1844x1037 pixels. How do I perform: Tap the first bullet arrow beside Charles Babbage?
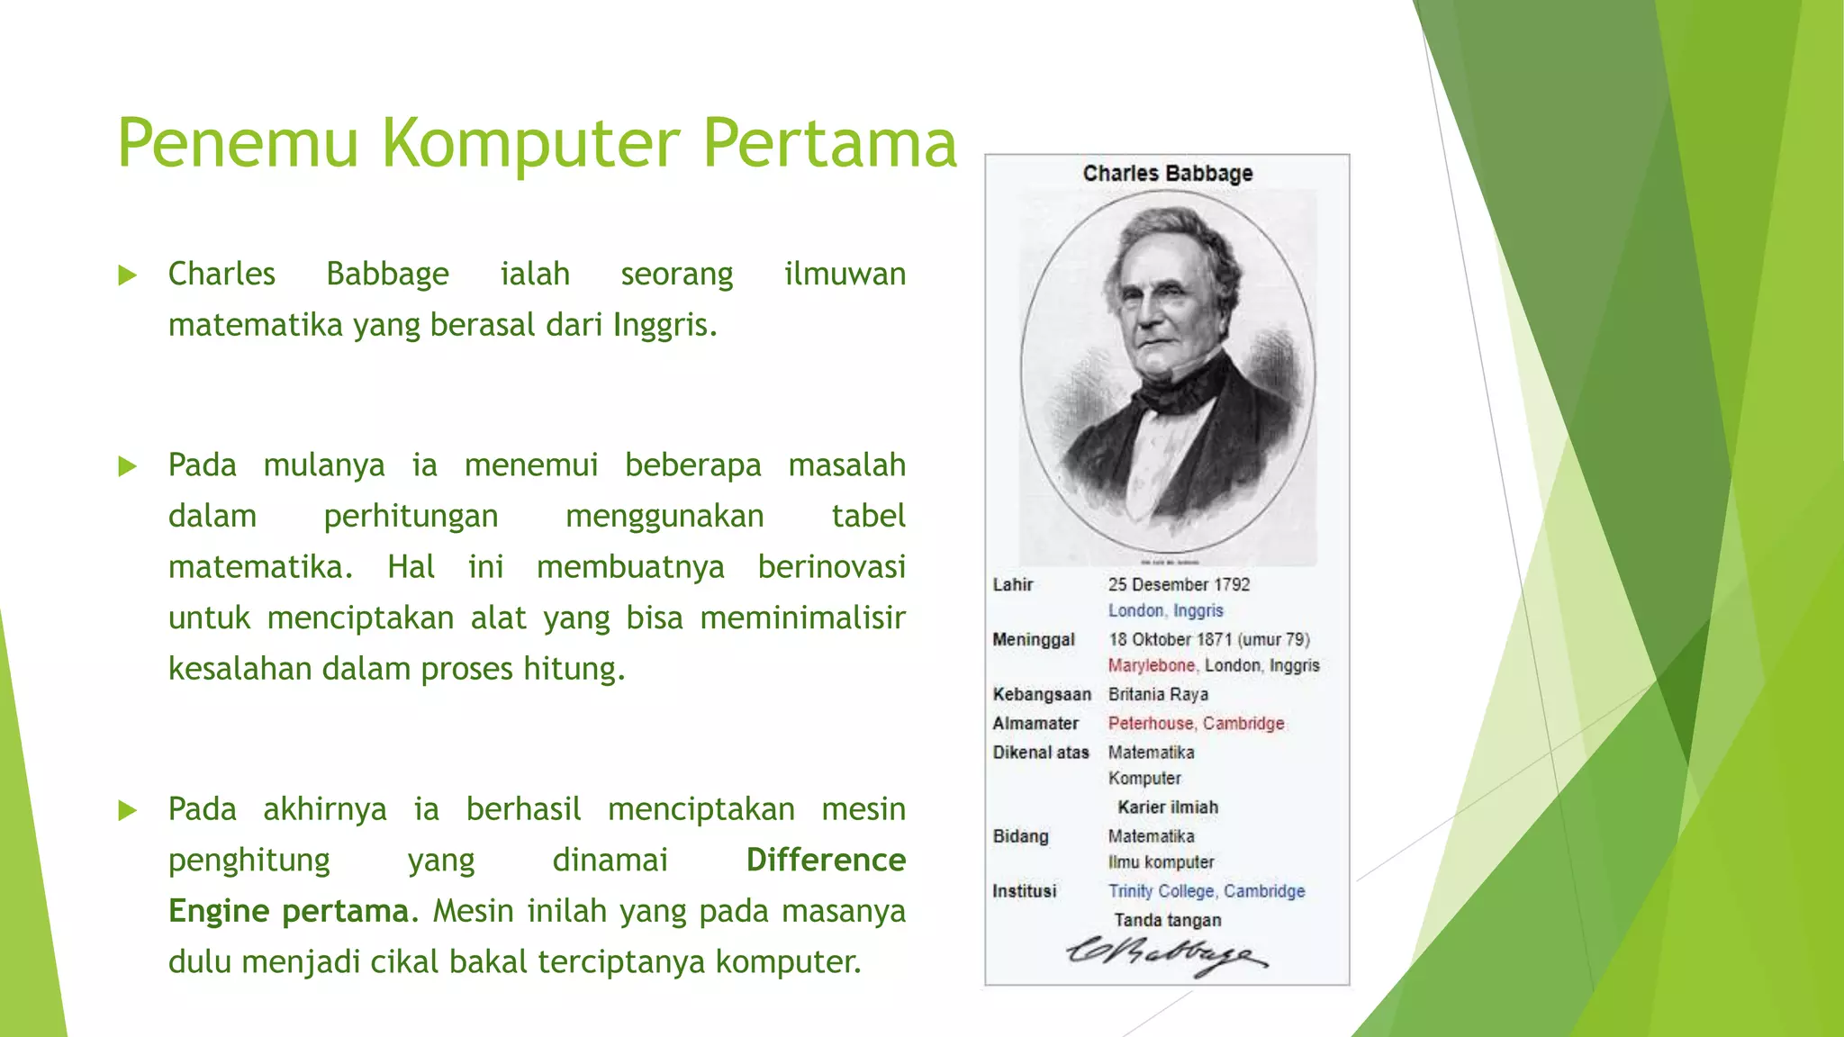[128, 275]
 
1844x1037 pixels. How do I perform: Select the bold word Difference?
[826, 860]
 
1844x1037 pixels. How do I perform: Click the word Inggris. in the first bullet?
[665, 325]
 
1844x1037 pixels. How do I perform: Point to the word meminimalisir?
[802, 618]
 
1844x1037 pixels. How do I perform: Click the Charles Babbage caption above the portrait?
[1167, 173]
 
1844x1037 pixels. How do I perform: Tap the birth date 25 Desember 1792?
[1179, 584]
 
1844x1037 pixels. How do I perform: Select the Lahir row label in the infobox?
[1013, 584]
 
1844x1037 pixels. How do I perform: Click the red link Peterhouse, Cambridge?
[1196, 723]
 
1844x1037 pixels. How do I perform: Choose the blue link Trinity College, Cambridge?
[1207, 890]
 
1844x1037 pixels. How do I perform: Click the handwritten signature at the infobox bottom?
[1167, 955]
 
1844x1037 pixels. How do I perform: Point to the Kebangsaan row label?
[1042, 694]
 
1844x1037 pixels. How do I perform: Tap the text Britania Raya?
[1158, 694]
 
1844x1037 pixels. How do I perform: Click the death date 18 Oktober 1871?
[1171, 639]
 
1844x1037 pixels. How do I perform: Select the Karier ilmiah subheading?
[1168, 807]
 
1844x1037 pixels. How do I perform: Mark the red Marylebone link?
[1152, 665]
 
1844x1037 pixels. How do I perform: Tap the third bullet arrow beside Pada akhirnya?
[128, 810]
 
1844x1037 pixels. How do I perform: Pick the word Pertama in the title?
[829, 144]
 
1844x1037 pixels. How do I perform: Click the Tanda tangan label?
[1168, 919]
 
